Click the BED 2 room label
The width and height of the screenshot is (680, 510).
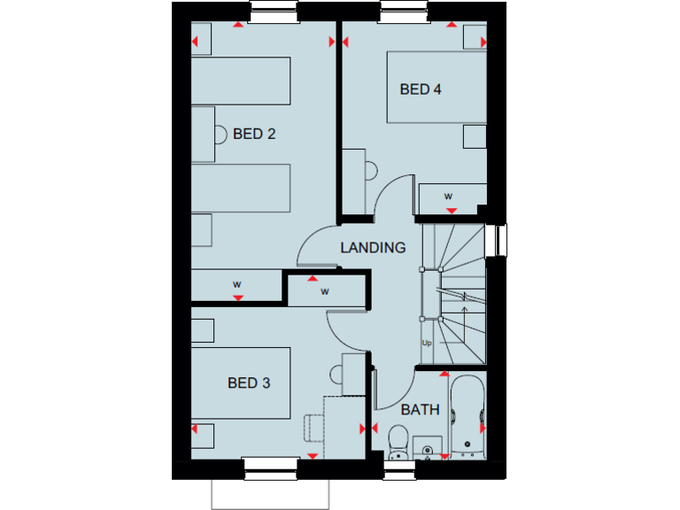[254, 135]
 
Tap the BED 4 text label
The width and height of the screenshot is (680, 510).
[420, 89]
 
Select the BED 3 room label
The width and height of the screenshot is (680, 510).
[249, 383]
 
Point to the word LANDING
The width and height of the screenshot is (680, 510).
[373, 248]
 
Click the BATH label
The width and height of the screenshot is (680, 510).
[420, 410]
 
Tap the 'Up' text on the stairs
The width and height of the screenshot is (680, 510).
[427, 343]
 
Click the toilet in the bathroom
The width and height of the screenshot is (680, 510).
[398, 439]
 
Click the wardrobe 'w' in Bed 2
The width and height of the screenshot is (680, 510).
[236, 284]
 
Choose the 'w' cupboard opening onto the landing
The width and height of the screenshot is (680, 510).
[325, 290]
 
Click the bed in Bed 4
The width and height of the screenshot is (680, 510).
[437, 87]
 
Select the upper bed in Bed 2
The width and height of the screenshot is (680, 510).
[241, 81]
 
